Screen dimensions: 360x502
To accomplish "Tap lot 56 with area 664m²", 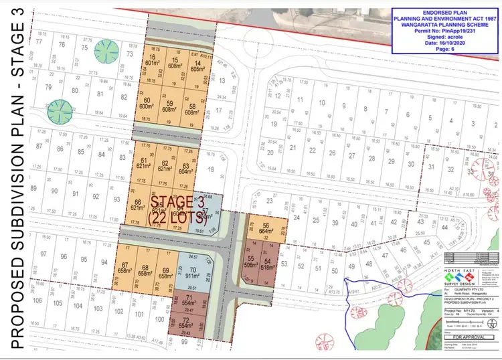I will pos(266,228).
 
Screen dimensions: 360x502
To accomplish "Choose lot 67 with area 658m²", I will pos(125,270).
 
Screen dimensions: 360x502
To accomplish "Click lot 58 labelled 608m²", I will pos(193,109).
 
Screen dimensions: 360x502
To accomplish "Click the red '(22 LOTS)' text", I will pos(173,216).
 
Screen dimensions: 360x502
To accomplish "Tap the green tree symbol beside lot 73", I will pos(105,50).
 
